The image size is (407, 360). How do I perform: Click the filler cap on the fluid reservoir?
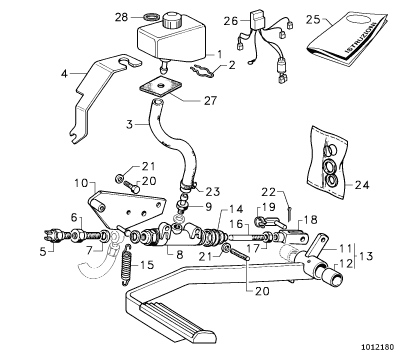(x=172, y=20)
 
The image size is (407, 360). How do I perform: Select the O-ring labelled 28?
(x=151, y=17)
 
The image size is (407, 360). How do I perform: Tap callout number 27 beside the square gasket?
(x=210, y=100)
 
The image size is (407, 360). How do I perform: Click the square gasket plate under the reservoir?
(x=160, y=86)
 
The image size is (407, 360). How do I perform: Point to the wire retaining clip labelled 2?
(x=202, y=71)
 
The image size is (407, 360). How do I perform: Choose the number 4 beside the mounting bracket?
(x=64, y=73)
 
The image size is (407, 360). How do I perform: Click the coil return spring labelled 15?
(x=126, y=265)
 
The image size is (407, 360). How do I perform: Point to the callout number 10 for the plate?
(x=81, y=183)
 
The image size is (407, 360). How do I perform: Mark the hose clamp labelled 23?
(x=188, y=186)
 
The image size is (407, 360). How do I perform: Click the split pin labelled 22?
(x=290, y=214)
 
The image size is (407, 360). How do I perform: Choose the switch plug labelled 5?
(x=53, y=236)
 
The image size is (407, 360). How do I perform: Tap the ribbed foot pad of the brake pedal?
(x=177, y=317)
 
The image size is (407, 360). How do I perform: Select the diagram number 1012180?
(x=378, y=347)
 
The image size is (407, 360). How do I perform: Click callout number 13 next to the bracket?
(x=366, y=256)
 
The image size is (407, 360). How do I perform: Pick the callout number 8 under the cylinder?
(x=180, y=255)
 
